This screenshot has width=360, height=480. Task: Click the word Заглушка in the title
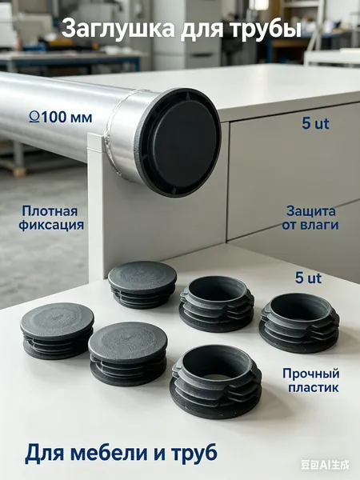click(118, 29)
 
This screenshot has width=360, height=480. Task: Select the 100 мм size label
click(66, 118)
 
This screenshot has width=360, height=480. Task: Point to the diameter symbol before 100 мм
click(34, 118)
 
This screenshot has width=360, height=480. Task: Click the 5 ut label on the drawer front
click(315, 124)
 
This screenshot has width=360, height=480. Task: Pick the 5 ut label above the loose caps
click(308, 278)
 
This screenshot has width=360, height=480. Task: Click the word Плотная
click(50, 211)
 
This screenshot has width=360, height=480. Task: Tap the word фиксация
click(51, 225)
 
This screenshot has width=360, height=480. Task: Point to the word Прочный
click(310, 374)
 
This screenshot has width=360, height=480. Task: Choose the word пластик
click(314, 388)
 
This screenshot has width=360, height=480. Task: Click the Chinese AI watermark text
click(325, 466)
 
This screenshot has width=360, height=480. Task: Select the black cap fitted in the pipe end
click(180, 142)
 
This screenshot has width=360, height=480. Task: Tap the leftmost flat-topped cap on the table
click(57, 330)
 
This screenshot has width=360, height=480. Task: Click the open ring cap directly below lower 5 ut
click(299, 322)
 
